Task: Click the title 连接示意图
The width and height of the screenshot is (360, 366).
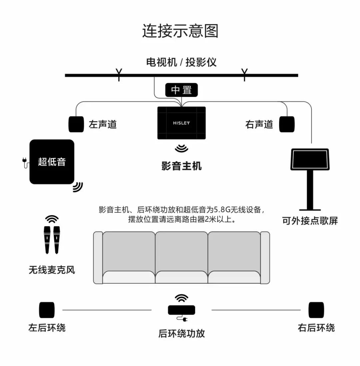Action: click(x=180, y=31)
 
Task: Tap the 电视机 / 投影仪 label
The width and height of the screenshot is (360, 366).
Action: click(x=181, y=62)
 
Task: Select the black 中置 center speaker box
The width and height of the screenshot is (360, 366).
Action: click(x=182, y=90)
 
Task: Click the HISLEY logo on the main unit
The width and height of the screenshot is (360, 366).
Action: click(x=181, y=123)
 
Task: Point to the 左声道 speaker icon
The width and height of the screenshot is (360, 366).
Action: click(x=76, y=124)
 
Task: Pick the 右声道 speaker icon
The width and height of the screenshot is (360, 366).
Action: click(x=287, y=124)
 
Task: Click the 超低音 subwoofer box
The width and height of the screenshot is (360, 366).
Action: click(x=52, y=162)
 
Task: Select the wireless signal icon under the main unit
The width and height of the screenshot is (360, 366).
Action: click(x=182, y=148)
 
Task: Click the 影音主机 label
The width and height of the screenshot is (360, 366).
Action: click(x=182, y=166)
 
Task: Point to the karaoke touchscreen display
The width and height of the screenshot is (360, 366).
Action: click(x=310, y=160)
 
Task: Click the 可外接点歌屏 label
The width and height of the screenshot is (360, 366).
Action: click(x=310, y=221)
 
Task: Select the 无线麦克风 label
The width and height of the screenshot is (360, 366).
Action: click(x=52, y=269)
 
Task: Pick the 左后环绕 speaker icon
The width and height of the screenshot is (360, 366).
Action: click(x=47, y=310)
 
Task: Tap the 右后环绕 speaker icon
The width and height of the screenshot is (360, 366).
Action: click(x=316, y=310)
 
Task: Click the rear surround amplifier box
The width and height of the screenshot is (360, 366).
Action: click(x=181, y=310)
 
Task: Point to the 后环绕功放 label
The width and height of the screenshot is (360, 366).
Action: click(x=182, y=333)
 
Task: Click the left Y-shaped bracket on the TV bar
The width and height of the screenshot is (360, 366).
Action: click(x=118, y=74)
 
